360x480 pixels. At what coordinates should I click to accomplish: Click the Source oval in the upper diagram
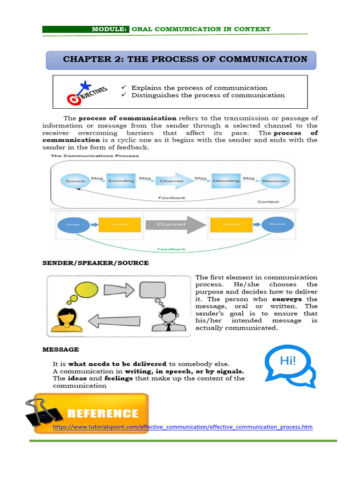pos(75,181)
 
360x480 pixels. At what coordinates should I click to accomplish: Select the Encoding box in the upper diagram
pos(121,181)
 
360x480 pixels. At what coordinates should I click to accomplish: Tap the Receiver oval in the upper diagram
pos(275,181)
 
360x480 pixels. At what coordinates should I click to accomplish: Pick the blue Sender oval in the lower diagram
pos(71,225)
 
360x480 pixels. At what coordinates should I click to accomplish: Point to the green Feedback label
pos(171,249)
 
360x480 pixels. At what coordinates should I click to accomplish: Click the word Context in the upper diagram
pos(268,202)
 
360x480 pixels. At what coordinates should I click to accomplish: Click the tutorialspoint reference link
pos(182,427)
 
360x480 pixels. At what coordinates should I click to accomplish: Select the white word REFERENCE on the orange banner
pos(103,413)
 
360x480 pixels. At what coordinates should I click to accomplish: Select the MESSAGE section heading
pos(60,349)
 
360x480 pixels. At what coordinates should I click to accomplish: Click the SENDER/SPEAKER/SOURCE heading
pos(96,263)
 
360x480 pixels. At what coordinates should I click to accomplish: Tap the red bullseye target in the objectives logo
pos(73,99)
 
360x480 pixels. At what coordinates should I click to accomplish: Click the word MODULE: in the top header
pos(110,29)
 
